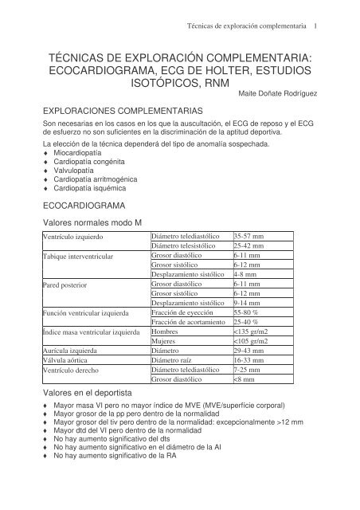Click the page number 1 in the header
317,24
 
